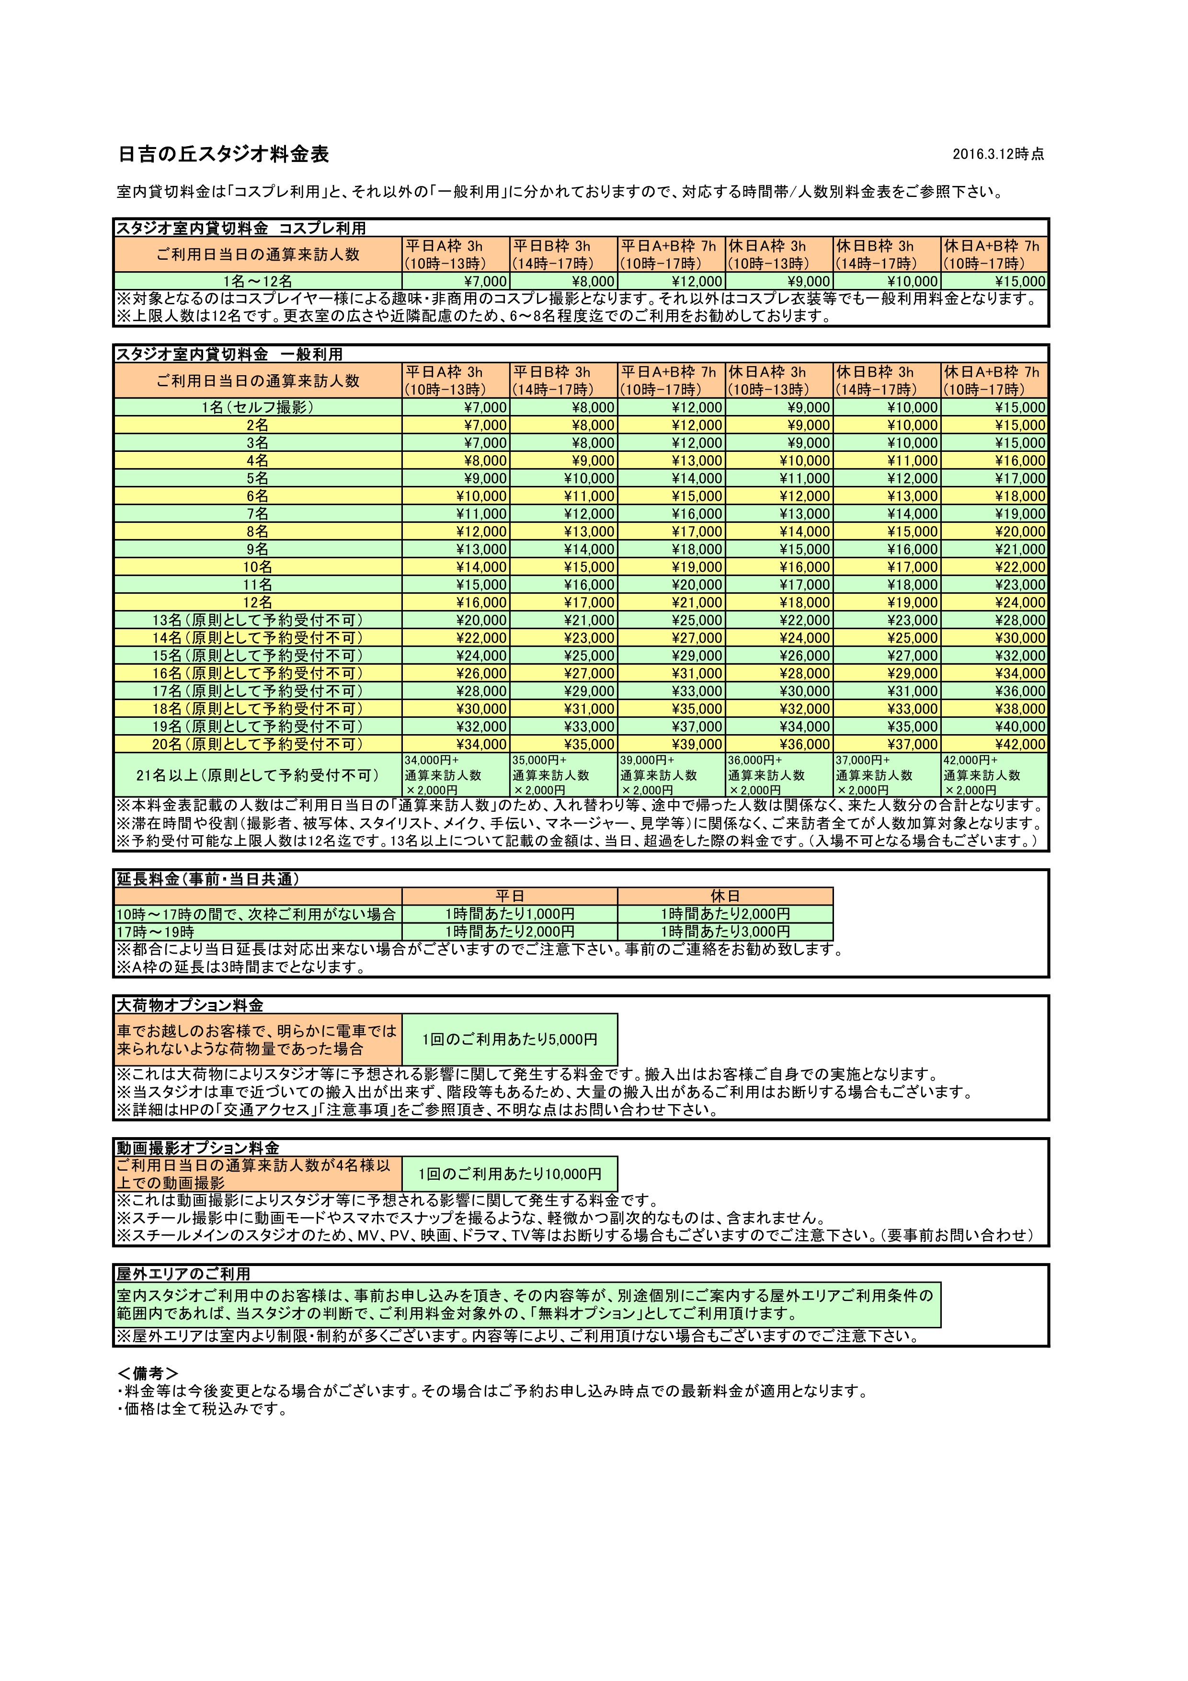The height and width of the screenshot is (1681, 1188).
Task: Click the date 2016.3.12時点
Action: pos(998,154)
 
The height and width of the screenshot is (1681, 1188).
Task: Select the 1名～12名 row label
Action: pos(258,282)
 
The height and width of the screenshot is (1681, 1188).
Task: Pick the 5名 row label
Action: pos(258,479)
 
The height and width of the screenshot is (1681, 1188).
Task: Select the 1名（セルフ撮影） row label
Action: pos(258,408)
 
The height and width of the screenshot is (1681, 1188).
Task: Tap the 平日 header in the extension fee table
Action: pos(510,896)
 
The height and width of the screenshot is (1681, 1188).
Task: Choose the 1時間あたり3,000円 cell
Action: pos(725,932)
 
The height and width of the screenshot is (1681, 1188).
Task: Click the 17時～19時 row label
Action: pos(155,932)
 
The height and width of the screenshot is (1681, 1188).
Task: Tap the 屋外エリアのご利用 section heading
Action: pos(183,1274)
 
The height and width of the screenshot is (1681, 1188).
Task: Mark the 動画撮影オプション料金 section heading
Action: pos(198,1147)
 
